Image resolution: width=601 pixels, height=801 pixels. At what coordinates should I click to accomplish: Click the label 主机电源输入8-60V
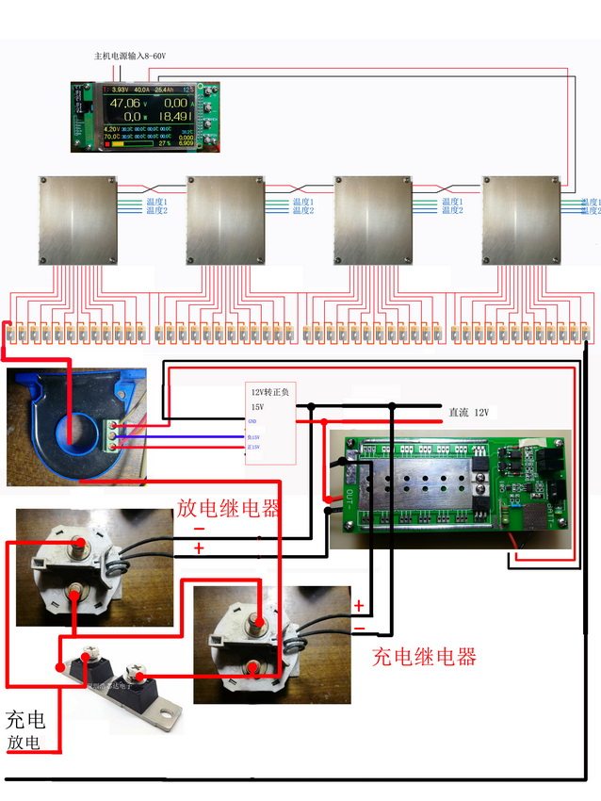pos(130,57)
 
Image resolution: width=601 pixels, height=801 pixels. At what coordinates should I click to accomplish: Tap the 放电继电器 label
pos(228,509)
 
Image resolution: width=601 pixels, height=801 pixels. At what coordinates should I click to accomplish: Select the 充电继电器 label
pos(424,657)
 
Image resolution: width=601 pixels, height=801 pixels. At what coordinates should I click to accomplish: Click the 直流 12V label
pos(469,413)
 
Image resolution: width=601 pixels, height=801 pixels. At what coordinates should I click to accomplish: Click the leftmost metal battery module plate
pos(77,220)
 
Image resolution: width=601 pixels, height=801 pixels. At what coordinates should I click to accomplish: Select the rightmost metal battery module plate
pos(521,220)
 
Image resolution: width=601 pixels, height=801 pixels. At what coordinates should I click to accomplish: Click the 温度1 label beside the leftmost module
pos(155,202)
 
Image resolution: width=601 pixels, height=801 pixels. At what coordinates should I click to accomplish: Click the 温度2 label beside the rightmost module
pos(590,210)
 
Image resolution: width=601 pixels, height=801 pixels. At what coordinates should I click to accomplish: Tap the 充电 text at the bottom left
pos(25,721)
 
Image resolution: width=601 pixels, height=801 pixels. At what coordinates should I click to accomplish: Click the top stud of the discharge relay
pos(78,544)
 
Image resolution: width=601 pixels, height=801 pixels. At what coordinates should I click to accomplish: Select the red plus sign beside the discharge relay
pos(199,548)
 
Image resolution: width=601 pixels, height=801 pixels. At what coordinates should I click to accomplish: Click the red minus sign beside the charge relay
pos(359,627)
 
